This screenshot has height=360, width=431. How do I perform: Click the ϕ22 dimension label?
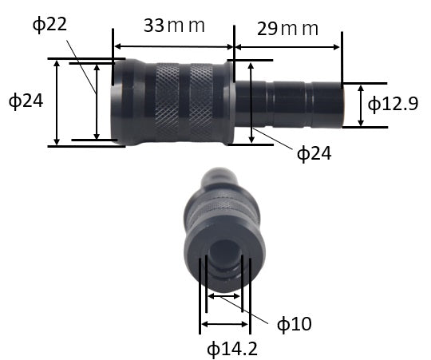49,25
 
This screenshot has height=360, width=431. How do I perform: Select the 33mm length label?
174,26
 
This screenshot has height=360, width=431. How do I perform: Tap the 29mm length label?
287,29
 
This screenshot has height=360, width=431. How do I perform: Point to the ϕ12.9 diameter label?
393,104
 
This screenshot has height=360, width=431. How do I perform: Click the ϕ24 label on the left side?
26,101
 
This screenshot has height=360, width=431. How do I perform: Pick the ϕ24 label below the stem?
314,153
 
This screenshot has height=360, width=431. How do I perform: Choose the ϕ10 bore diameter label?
294,324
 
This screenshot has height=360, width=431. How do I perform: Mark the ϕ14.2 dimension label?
232,350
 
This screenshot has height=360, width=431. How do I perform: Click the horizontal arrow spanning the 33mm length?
174,47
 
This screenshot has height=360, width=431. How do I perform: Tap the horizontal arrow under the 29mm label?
287,47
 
